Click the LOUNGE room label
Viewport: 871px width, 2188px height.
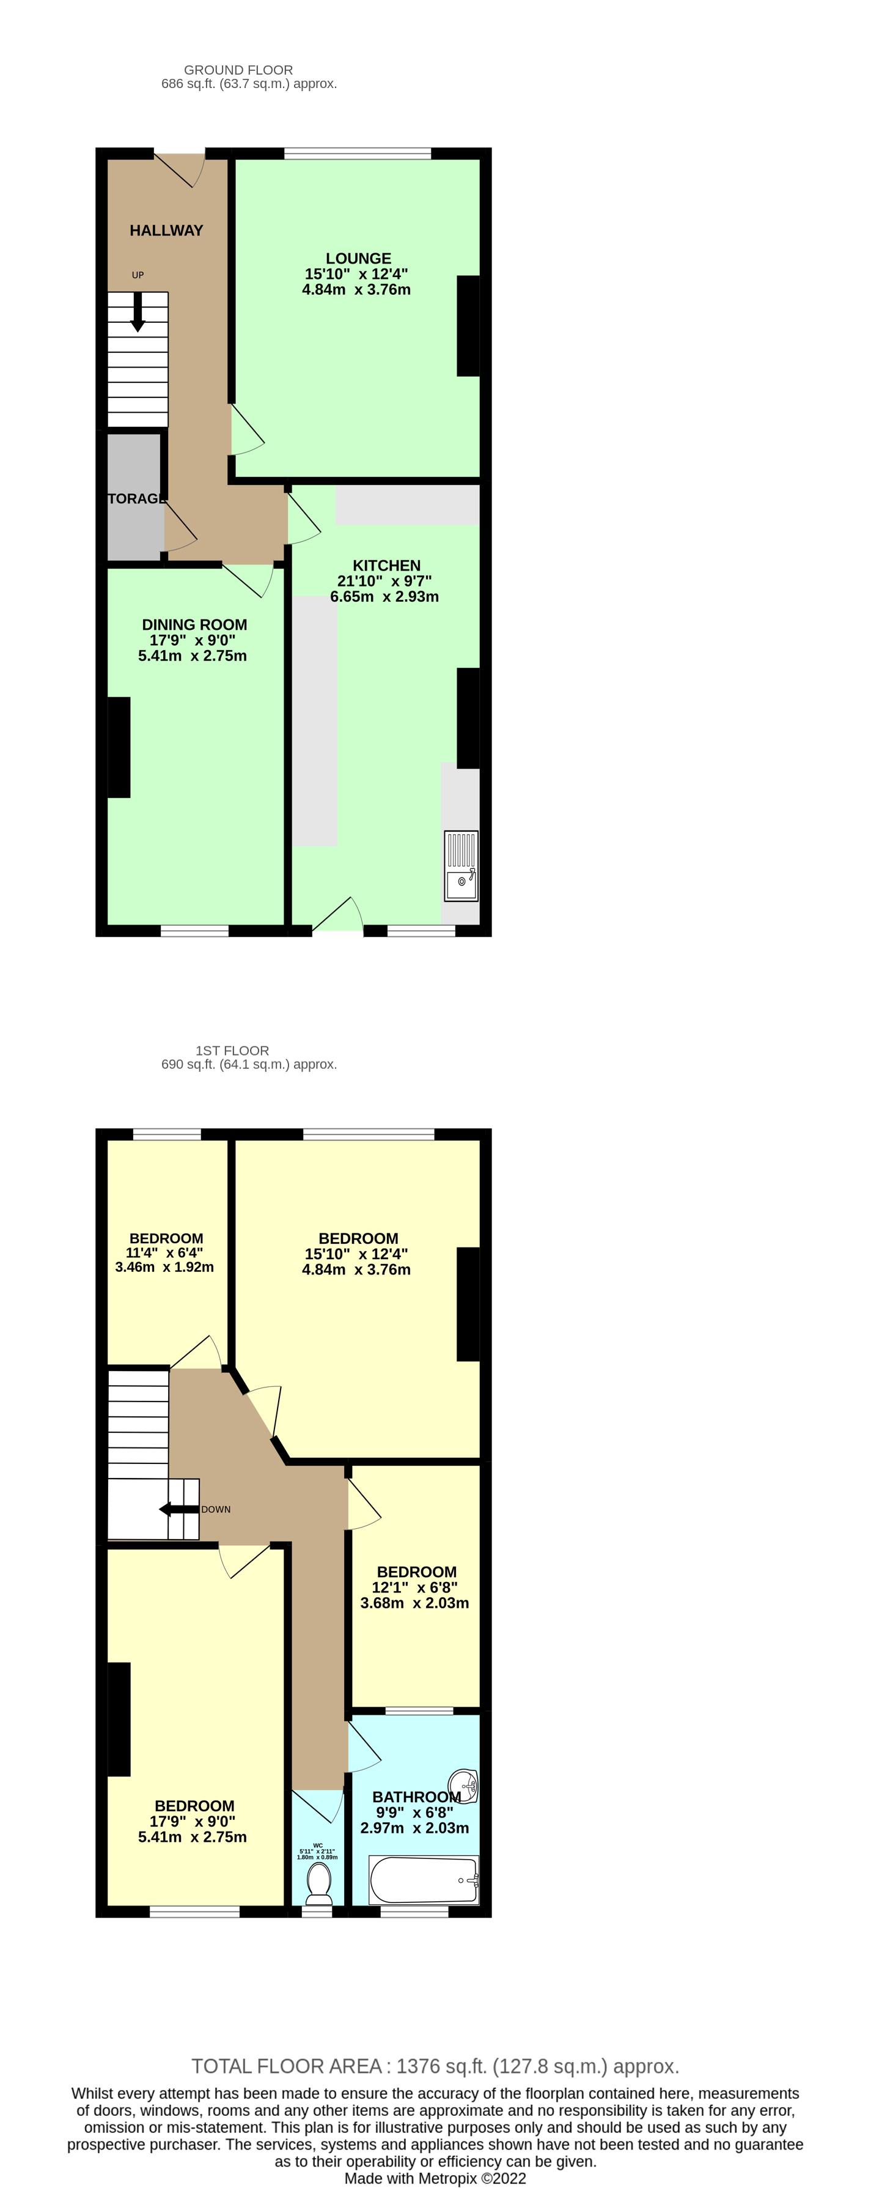(x=358, y=258)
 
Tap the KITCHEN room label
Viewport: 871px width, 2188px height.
(x=386, y=566)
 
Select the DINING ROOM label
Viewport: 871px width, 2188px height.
(x=194, y=625)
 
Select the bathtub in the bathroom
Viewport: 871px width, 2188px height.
(x=424, y=1879)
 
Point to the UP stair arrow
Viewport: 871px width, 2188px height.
(x=138, y=312)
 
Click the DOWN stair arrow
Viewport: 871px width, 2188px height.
(x=178, y=1509)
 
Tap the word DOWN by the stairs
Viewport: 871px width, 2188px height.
(x=216, y=1509)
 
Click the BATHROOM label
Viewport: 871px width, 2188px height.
(x=416, y=1797)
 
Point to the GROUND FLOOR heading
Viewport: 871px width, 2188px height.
(x=238, y=70)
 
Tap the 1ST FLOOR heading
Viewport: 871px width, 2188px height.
(x=232, y=1051)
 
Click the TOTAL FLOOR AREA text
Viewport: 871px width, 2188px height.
(x=435, y=2066)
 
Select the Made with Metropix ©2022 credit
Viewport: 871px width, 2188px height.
(x=435, y=2179)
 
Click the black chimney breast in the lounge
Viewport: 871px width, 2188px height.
(x=468, y=325)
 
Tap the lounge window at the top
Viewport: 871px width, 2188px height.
(x=358, y=153)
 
